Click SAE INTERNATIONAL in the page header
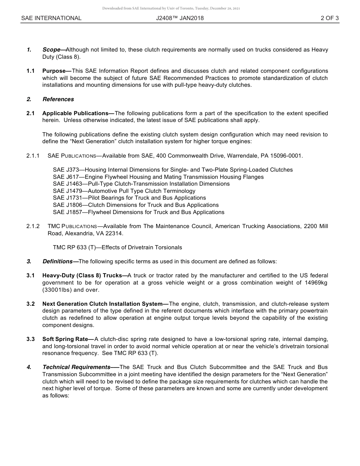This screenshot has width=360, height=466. point(51,18)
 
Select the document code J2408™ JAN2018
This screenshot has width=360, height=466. point(180,18)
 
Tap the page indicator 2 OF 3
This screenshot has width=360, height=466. point(329,18)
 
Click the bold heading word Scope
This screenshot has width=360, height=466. point(52,50)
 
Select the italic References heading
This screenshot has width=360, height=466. point(58,99)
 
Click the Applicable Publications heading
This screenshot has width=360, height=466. point(75,113)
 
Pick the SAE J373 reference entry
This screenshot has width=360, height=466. point(172,170)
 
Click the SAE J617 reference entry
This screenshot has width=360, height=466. point(158,177)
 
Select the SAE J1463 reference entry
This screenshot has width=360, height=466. point(141,184)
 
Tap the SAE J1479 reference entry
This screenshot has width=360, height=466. point(124,191)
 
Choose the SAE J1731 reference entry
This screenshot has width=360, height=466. point(129,198)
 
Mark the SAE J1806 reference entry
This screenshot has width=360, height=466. point(136,205)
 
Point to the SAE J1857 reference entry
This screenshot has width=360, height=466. point(138,212)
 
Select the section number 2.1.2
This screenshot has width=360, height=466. point(33,226)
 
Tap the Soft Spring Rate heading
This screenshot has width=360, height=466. point(65,339)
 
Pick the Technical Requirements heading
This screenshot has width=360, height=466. point(76,367)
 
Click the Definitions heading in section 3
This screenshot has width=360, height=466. point(58,261)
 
